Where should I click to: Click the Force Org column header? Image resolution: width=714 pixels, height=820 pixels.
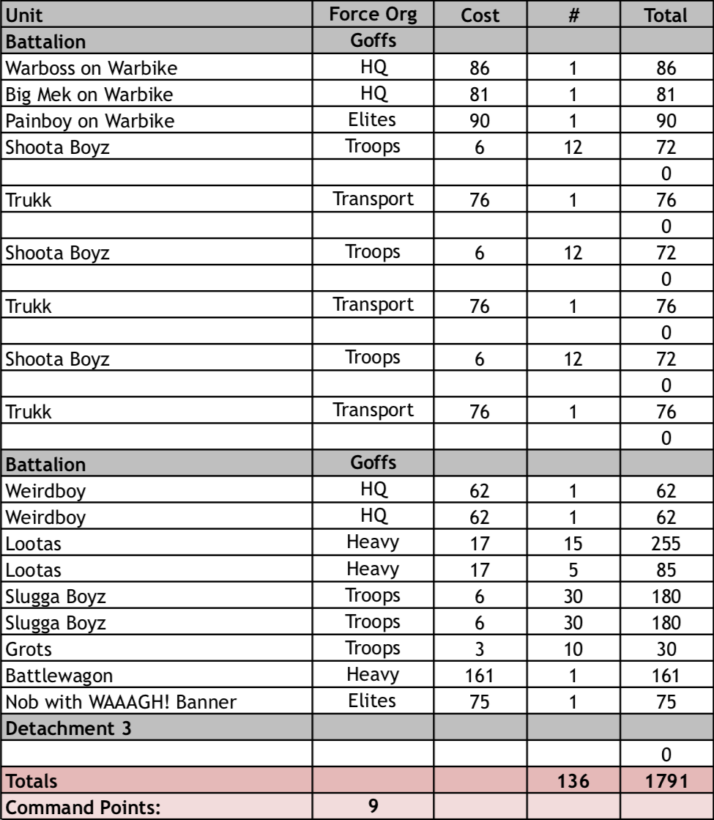tap(374, 14)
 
